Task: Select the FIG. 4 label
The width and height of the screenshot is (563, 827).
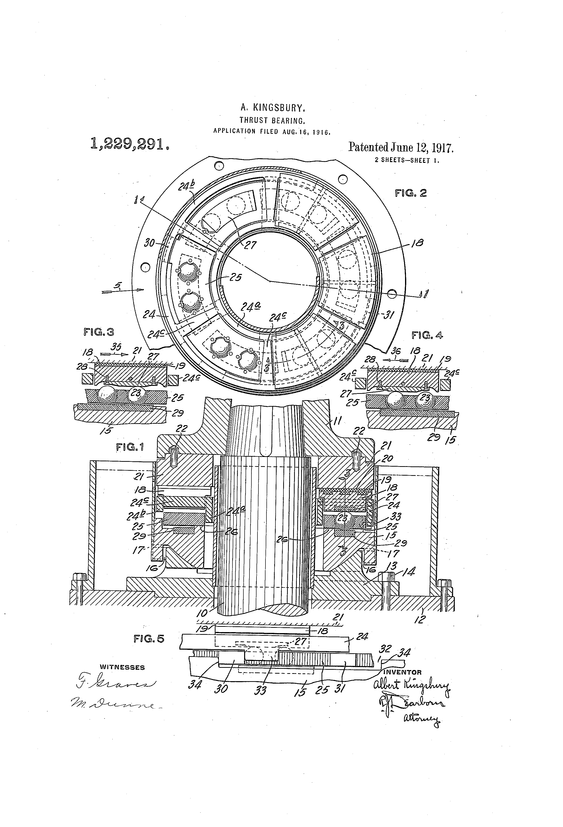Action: (x=427, y=335)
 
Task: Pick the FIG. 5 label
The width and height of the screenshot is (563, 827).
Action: (x=149, y=639)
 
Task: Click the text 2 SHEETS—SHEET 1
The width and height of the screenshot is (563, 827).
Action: (x=407, y=160)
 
